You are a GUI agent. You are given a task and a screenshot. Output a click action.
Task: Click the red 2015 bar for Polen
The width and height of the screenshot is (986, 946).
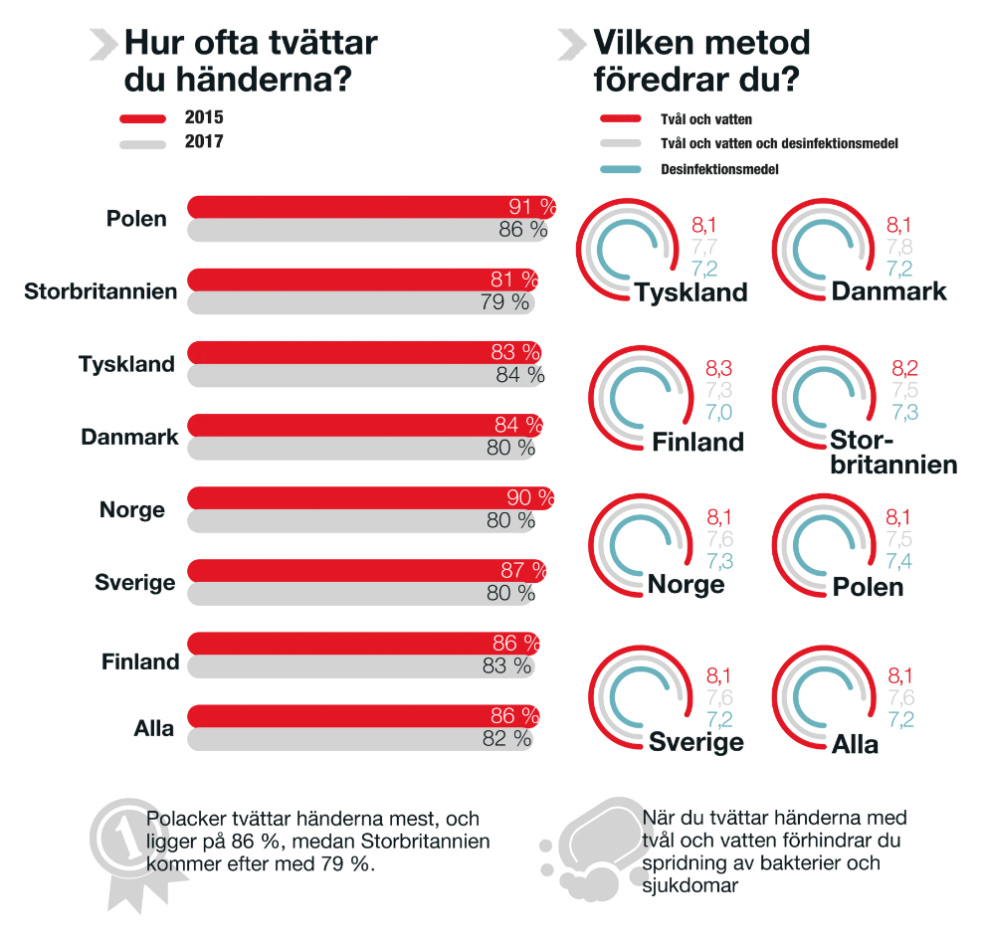pyautogui.click(x=348, y=207)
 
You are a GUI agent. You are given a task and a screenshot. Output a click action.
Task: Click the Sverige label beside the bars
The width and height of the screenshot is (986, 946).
pyautogui.click(x=135, y=583)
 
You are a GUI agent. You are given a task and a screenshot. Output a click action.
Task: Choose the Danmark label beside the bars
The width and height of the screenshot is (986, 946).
pyautogui.click(x=129, y=437)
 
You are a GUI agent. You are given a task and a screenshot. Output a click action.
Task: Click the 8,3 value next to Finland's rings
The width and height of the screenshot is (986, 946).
pyautogui.click(x=718, y=368)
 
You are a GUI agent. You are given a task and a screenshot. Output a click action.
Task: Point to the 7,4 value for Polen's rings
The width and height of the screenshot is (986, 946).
pyautogui.click(x=899, y=562)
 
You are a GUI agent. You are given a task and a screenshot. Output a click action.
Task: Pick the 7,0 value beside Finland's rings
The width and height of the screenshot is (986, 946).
pyautogui.click(x=718, y=412)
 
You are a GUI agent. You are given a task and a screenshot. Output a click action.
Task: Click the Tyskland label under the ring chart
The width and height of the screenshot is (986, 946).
pyautogui.click(x=690, y=292)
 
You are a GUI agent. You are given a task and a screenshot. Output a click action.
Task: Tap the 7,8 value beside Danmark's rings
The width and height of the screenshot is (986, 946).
pyautogui.click(x=899, y=248)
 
